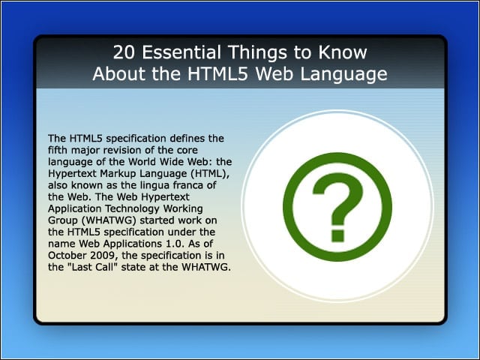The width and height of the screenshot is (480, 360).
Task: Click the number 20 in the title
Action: [x=124, y=52]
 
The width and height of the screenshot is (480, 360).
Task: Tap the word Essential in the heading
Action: [x=181, y=52]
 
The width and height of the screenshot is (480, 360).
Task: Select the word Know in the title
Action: [x=343, y=52]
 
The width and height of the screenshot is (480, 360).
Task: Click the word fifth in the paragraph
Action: [x=57, y=150]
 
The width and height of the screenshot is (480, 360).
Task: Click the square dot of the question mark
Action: [x=337, y=235]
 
